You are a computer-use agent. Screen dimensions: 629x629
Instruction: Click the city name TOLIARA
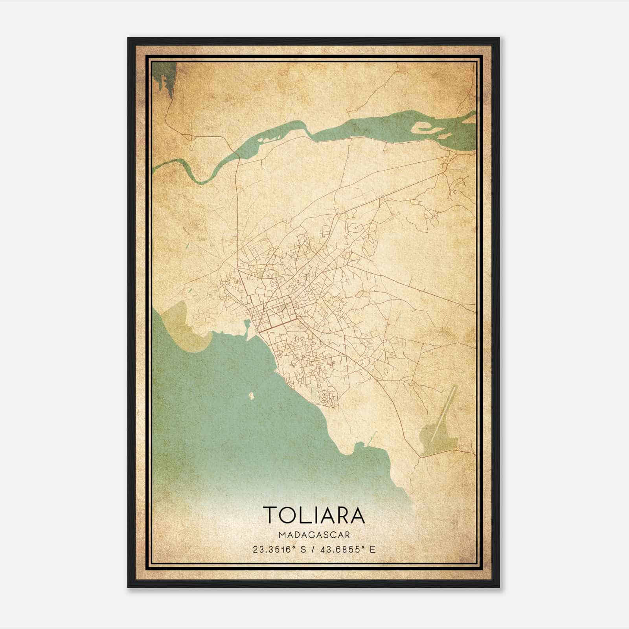[314, 515]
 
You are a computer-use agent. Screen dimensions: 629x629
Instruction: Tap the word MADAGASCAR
[314, 535]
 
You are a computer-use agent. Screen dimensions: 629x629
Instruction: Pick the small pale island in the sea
[251, 396]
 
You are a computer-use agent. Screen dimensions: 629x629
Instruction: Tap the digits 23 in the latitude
[257, 549]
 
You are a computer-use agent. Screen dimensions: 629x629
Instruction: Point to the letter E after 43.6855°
[372, 549]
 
